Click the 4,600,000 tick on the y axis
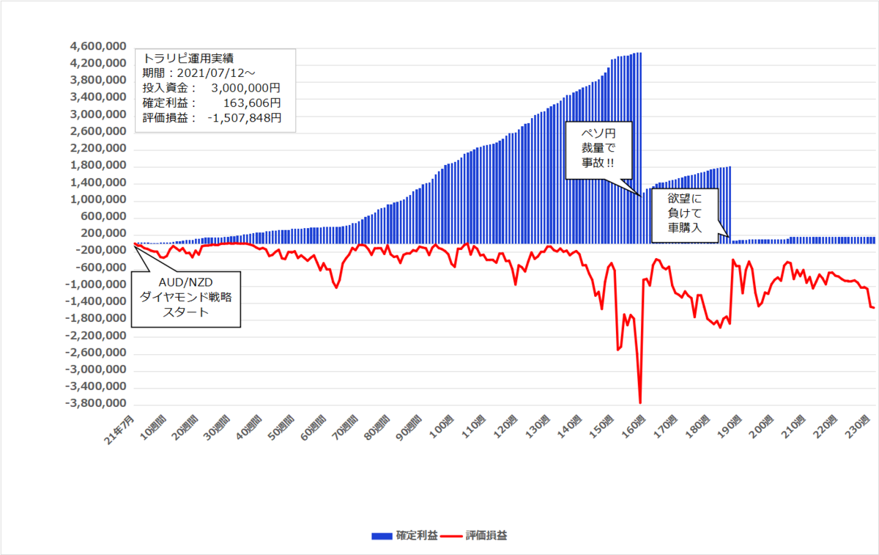[97, 46]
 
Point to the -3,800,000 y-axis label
[95, 404]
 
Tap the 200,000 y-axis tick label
[103, 234]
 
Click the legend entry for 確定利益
[404, 536]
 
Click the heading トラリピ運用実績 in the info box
[189, 57]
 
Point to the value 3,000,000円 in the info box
[245, 88]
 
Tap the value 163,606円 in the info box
[253, 103]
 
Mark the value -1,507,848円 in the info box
[245, 118]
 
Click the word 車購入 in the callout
[684, 228]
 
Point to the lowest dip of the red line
[640, 403]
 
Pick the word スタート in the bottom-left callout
[185, 312]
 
